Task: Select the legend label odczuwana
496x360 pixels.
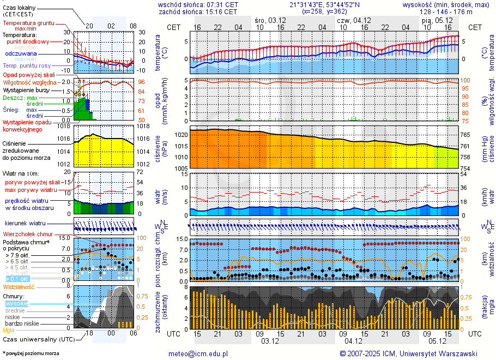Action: [21, 54]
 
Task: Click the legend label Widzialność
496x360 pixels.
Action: [19, 286]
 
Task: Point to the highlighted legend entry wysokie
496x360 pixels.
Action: [16, 303]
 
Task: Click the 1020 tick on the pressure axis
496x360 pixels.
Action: [181, 134]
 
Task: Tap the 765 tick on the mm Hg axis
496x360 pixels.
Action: [466, 135]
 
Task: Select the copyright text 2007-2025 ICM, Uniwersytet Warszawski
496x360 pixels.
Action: [412, 353]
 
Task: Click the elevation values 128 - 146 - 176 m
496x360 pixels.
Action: [445, 11]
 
